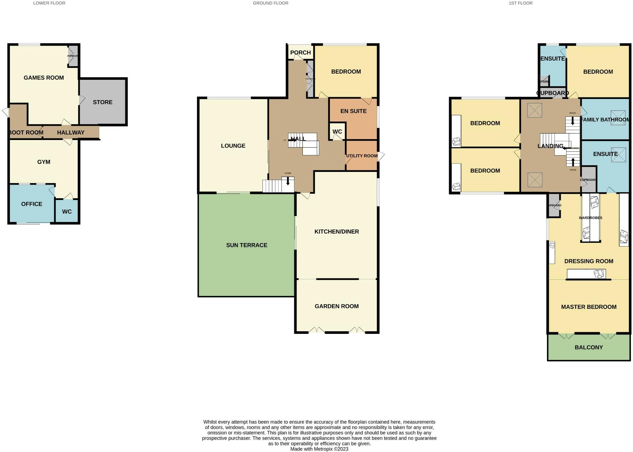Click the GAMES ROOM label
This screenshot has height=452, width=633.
point(44,78)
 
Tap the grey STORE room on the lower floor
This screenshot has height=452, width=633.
point(103,102)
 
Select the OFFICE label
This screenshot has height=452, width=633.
point(32,204)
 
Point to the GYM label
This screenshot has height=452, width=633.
point(44,162)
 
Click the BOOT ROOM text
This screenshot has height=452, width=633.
point(26,133)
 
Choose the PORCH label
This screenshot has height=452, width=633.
point(300,52)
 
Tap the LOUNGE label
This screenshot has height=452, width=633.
point(233,146)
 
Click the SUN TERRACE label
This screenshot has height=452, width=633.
point(247,245)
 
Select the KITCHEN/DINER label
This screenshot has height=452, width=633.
point(337,231)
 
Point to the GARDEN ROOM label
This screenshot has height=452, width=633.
point(337,306)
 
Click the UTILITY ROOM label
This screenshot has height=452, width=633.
point(362,156)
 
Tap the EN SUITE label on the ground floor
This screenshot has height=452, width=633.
point(353,111)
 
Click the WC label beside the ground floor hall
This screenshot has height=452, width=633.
point(337,132)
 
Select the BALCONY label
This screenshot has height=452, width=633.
point(588,347)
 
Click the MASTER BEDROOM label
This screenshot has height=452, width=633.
point(588,307)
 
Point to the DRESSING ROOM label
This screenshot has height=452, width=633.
point(588,261)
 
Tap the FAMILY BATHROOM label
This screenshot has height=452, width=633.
point(605,120)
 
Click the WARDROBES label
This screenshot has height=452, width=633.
point(590,218)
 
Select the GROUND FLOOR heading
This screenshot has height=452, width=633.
point(271,3)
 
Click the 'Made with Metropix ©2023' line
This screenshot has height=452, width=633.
point(319,449)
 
